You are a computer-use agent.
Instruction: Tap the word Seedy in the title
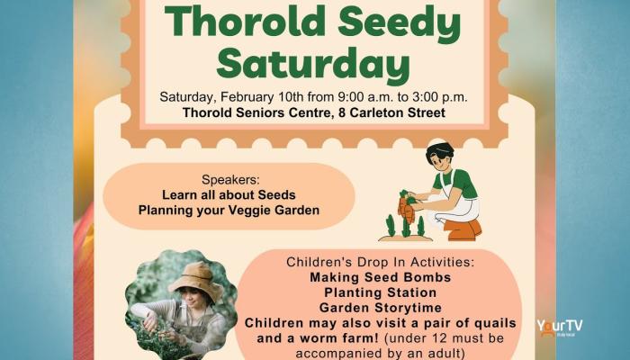pos(399,23)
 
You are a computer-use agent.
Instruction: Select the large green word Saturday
pos(313,64)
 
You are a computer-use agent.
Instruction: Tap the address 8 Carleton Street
pos(391,112)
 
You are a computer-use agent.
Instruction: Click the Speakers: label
pos(230,180)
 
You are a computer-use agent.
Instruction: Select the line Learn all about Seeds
pos(229,195)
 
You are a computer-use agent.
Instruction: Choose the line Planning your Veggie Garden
pos(229,210)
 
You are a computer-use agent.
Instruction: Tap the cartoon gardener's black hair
pos(440,151)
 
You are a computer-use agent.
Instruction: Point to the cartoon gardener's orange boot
pos(463,230)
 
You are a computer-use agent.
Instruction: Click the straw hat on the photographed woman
pos(196,280)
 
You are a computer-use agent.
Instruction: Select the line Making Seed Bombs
pos(381,277)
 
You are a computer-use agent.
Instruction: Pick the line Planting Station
pos(381,292)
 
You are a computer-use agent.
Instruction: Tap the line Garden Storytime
pos(381,308)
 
